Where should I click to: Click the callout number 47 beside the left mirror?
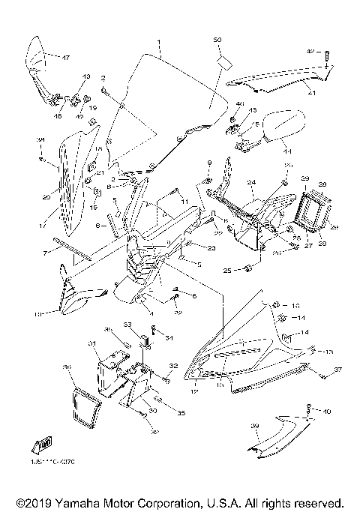click(x=65, y=58)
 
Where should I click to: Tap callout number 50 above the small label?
click(x=217, y=39)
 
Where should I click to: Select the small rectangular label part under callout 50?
click(x=223, y=59)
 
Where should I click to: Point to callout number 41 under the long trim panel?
click(x=310, y=94)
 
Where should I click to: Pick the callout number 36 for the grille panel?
click(x=67, y=367)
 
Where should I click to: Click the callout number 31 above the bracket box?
click(x=92, y=343)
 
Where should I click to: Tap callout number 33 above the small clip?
click(x=127, y=325)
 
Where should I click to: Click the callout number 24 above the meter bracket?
click(x=252, y=182)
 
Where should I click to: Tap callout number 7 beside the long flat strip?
click(x=45, y=253)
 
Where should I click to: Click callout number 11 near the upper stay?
click(x=184, y=201)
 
